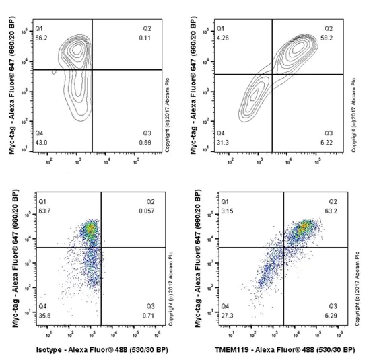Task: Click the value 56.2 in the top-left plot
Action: pyautogui.click(x=42, y=39)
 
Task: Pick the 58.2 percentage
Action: pyautogui.click(x=328, y=39)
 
